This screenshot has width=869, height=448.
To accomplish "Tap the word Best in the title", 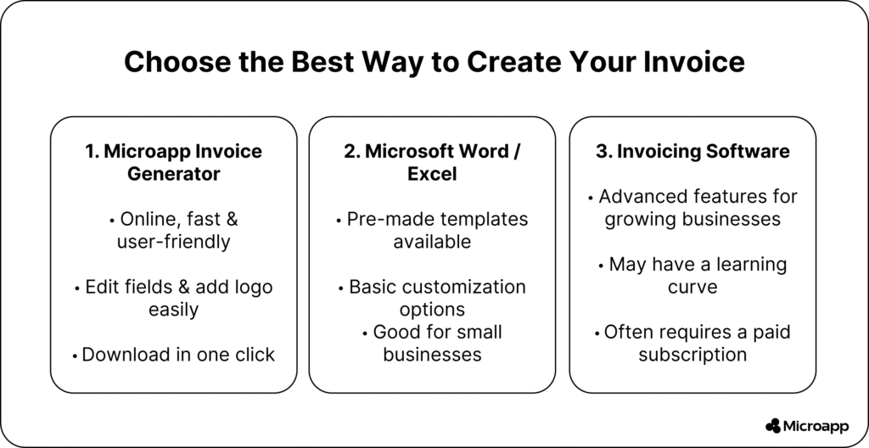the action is [x=322, y=62].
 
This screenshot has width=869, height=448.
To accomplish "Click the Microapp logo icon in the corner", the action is [x=772, y=426].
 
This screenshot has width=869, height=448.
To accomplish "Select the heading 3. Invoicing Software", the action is [x=692, y=151].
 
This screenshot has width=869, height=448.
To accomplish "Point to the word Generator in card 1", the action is [x=173, y=174].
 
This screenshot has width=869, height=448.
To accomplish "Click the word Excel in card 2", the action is [x=432, y=174].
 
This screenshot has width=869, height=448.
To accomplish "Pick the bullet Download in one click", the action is [x=173, y=355].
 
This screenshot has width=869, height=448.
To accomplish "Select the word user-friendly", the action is [x=173, y=242].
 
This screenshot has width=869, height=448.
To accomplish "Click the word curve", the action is [x=692, y=287].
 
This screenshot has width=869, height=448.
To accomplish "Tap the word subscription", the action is [x=692, y=355].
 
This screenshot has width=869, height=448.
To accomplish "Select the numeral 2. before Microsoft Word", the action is [x=352, y=151].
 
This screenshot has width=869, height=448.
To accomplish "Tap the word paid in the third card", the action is [x=771, y=332].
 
